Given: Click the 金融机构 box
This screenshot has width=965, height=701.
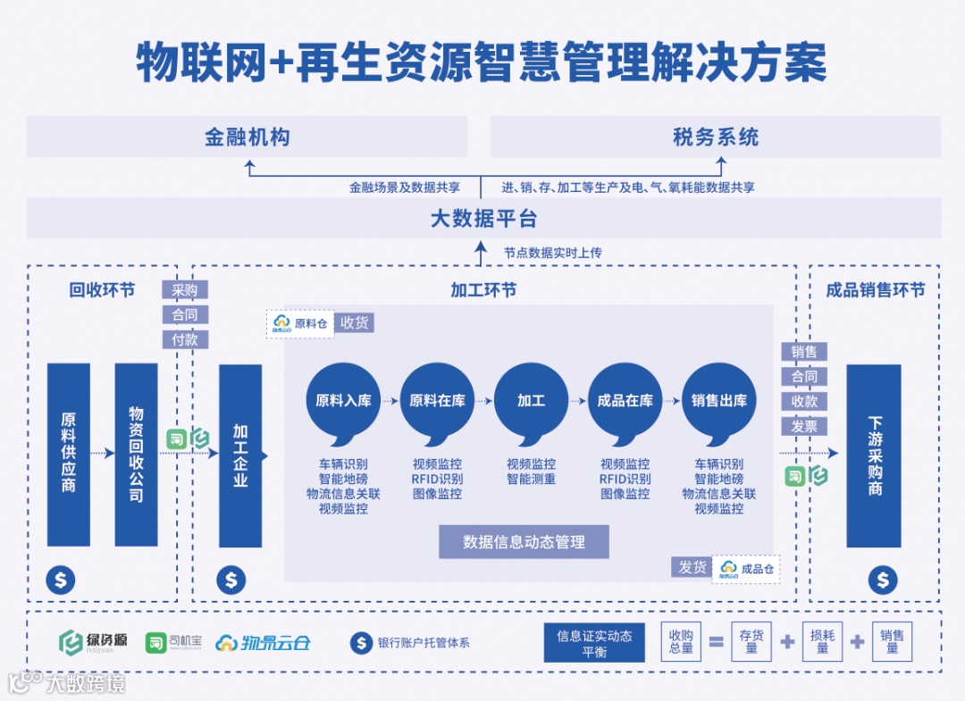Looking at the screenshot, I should [x=247, y=138].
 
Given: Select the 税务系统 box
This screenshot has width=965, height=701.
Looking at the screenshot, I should [x=715, y=138].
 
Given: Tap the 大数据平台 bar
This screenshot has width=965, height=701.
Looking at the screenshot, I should [x=483, y=218].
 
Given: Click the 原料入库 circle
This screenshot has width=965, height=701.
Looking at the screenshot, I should [x=343, y=401].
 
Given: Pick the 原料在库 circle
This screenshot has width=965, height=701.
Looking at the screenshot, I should [x=437, y=401].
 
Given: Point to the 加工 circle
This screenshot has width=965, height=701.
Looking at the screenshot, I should [x=531, y=401].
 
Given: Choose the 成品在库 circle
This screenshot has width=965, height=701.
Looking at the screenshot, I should [x=625, y=401].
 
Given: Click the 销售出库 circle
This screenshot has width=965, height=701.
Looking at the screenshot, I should [x=719, y=401].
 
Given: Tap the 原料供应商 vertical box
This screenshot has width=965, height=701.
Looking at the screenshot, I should [x=69, y=454].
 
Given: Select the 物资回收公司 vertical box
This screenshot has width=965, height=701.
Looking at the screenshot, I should [x=136, y=454].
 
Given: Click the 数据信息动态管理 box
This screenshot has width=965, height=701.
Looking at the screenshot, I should [x=524, y=542].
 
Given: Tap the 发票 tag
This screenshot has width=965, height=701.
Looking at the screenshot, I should [x=804, y=427].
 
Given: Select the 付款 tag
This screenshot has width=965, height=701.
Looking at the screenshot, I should [x=185, y=340].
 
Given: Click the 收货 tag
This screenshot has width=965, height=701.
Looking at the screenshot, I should [x=355, y=323].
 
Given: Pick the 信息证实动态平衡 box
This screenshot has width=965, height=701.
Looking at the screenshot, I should [x=594, y=643].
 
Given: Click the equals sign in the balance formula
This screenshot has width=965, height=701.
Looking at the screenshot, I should [x=716, y=642].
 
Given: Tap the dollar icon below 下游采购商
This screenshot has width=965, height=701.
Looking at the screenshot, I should [x=883, y=580].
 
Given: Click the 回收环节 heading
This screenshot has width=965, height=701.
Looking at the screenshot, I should [x=103, y=290].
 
